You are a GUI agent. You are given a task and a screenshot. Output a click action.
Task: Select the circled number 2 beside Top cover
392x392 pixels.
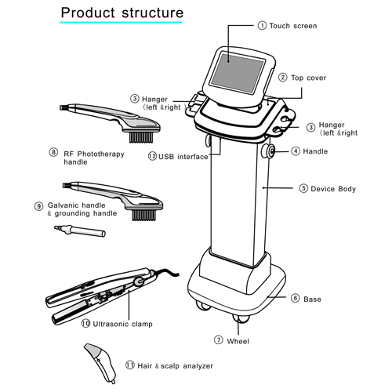283,78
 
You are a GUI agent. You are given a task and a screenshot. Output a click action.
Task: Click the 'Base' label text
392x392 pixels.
312,299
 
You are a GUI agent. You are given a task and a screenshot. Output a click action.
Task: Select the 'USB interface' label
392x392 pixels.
183,156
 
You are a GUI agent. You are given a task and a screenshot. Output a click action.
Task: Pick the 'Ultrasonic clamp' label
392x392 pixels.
122,323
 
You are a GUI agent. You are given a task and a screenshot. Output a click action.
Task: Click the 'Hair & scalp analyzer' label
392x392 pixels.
174,365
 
